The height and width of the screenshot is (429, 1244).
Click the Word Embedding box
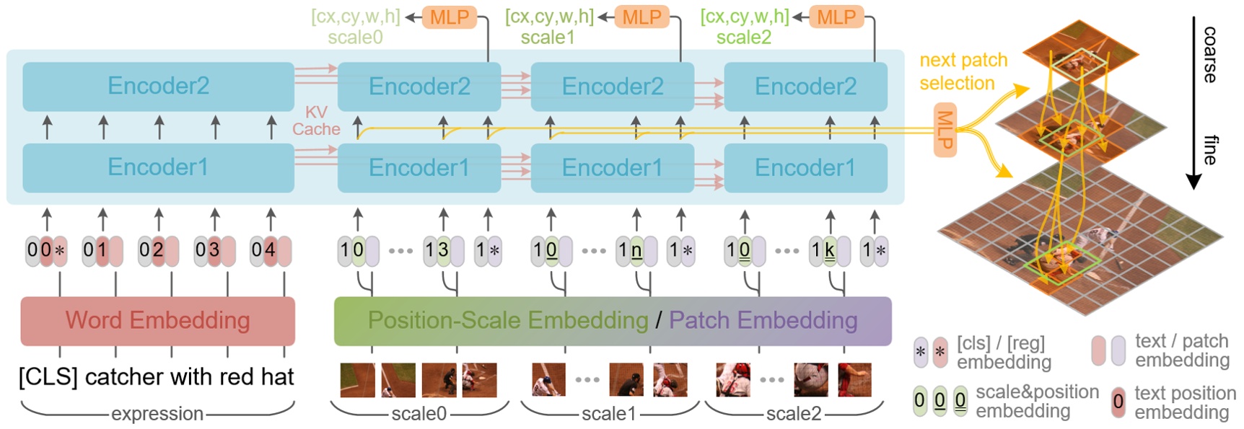157,321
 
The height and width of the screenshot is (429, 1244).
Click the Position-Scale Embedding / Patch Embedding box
612,321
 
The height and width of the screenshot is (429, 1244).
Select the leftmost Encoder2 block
158,87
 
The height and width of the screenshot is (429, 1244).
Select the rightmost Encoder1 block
805,168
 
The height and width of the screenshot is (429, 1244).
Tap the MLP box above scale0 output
449,17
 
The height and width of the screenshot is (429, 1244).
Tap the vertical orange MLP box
945,131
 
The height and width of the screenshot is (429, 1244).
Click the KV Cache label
316,121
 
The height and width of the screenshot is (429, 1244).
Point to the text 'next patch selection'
963,71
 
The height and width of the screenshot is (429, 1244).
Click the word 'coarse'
1210,55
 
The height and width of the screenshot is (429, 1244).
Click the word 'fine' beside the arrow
1210,150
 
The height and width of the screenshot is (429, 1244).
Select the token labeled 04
270,251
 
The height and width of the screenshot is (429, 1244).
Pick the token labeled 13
443,251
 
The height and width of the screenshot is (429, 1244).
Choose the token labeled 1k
829,251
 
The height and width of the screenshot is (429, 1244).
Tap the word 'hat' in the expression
279,377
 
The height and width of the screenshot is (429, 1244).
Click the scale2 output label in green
743,37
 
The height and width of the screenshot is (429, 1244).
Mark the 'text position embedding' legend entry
1173,402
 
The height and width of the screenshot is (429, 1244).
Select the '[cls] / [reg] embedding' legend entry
1003,352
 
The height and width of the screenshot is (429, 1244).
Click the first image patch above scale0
357,380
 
